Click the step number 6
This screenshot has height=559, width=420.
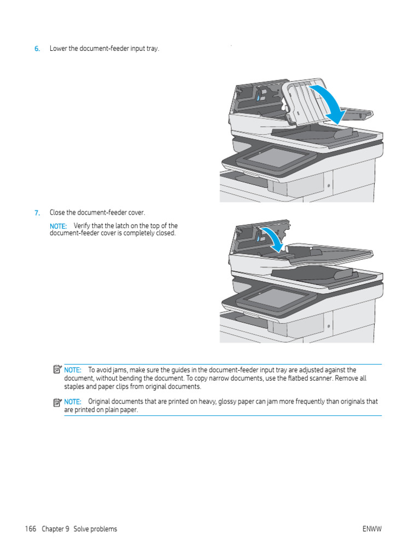37,49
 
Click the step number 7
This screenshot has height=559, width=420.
37,212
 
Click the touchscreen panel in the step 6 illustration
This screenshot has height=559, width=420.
276,157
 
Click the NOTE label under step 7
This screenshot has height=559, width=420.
58,226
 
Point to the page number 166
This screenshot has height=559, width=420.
31,529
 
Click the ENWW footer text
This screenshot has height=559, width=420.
371,529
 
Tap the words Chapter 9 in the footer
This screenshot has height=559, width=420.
55,529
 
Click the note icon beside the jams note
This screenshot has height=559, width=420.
57,370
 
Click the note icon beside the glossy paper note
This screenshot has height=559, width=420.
57,402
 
